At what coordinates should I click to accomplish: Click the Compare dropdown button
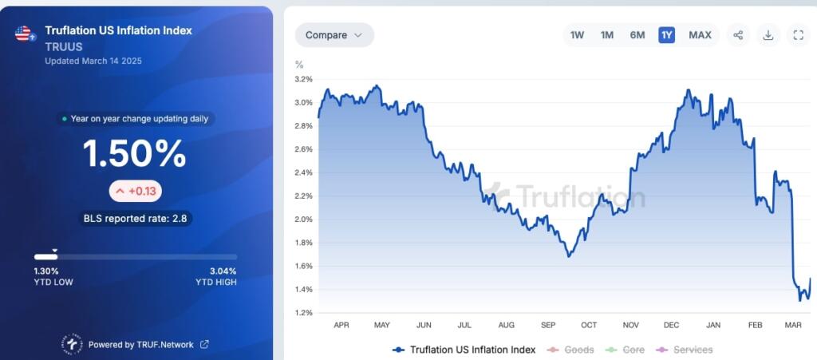click(x=334, y=35)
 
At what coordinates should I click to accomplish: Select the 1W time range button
click(x=578, y=35)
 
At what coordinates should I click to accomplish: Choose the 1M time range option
click(x=607, y=35)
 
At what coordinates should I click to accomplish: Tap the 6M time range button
click(x=637, y=35)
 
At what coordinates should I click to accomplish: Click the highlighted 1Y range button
click(x=666, y=35)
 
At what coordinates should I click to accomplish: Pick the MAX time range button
click(x=700, y=35)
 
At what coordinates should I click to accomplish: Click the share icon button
click(x=738, y=35)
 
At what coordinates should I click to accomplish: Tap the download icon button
click(x=768, y=35)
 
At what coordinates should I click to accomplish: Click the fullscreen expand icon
click(x=799, y=35)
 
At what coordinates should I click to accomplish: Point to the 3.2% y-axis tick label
click(x=303, y=80)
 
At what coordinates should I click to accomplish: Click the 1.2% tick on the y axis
click(x=303, y=313)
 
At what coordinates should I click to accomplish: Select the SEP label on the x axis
click(x=548, y=326)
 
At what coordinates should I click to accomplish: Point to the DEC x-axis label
click(x=671, y=326)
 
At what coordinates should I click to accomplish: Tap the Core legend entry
click(x=633, y=350)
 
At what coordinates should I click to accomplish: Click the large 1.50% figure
click(x=136, y=154)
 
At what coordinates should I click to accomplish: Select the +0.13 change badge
click(x=136, y=191)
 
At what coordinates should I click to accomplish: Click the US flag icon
click(x=23, y=34)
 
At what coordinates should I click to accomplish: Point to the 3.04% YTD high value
click(x=223, y=271)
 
